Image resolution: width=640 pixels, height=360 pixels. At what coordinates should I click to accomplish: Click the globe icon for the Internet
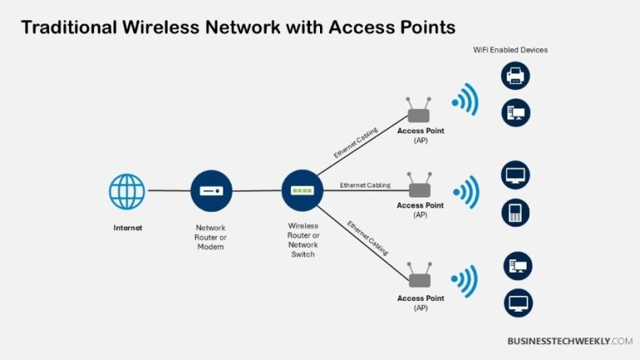(127, 191)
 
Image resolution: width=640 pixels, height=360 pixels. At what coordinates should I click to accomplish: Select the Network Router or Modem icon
(211, 191)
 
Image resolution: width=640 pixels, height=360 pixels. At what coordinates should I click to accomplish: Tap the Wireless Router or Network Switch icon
(302, 191)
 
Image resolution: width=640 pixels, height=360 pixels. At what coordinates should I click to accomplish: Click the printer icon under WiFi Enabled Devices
(516, 77)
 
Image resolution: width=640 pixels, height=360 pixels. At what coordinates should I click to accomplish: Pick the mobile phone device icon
(516, 212)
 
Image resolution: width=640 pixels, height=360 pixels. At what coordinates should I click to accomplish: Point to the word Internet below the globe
(127, 227)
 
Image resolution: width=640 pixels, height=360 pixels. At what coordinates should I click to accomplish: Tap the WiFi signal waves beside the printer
(466, 100)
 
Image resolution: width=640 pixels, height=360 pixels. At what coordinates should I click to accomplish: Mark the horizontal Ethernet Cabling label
(365, 185)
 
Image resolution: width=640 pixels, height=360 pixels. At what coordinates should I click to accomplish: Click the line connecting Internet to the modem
(168, 191)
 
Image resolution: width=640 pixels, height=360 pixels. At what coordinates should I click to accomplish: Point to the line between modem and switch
(256, 191)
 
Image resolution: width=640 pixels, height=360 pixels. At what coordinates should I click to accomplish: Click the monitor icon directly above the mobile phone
(516, 176)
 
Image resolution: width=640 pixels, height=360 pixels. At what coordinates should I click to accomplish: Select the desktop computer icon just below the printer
(516, 112)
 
